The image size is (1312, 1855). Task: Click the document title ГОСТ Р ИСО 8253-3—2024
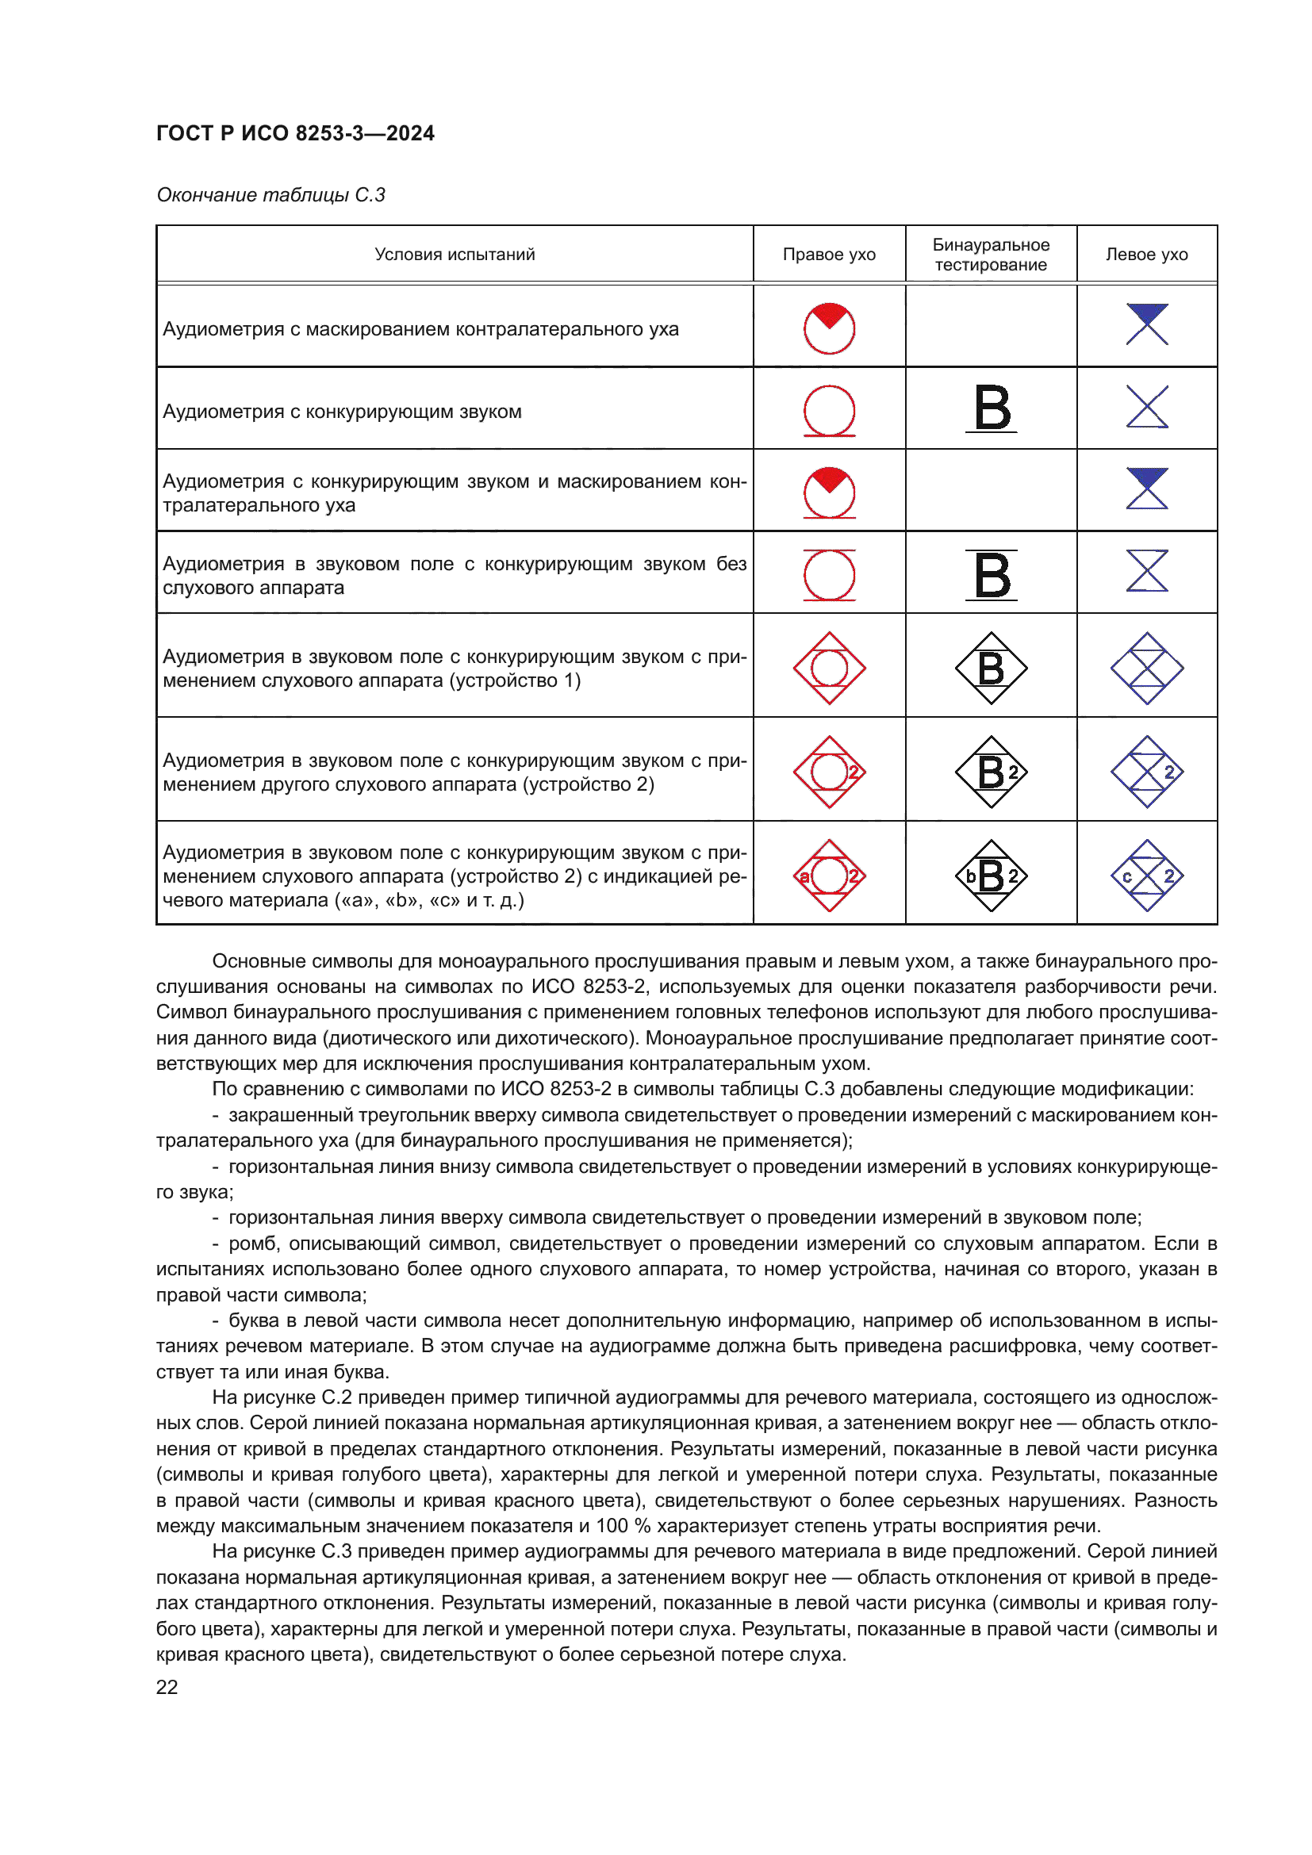pyautogui.click(x=295, y=133)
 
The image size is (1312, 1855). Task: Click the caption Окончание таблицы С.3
pyautogui.click(x=270, y=195)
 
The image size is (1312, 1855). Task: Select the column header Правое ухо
pyautogui.click(x=829, y=255)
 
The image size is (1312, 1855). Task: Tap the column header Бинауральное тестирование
pyautogui.click(x=991, y=255)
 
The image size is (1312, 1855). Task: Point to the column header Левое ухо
pyautogui.click(x=1146, y=255)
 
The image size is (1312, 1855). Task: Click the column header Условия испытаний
pyautogui.click(x=455, y=255)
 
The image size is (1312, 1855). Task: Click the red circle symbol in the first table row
pyautogui.click(x=829, y=329)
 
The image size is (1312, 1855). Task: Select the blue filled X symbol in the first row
pyautogui.click(x=1146, y=325)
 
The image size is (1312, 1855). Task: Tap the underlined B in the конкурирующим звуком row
pyautogui.click(x=992, y=408)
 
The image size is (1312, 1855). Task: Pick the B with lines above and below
pyautogui.click(x=992, y=575)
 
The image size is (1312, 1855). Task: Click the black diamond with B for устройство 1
pyautogui.click(x=992, y=668)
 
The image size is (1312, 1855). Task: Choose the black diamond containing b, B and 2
pyautogui.click(x=992, y=876)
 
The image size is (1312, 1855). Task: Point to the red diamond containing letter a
pyautogui.click(x=829, y=876)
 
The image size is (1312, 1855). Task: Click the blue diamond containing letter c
pyautogui.click(x=1146, y=876)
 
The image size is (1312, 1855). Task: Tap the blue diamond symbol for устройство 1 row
pyautogui.click(x=1146, y=668)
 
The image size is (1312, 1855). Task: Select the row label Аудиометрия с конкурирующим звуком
pyautogui.click(x=343, y=412)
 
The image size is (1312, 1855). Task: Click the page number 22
pyautogui.click(x=167, y=1687)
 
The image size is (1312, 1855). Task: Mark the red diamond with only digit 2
pyautogui.click(x=829, y=772)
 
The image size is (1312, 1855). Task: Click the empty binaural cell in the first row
pyautogui.click(x=991, y=328)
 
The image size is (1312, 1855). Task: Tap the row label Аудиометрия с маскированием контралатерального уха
pyautogui.click(x=421, y=330)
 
